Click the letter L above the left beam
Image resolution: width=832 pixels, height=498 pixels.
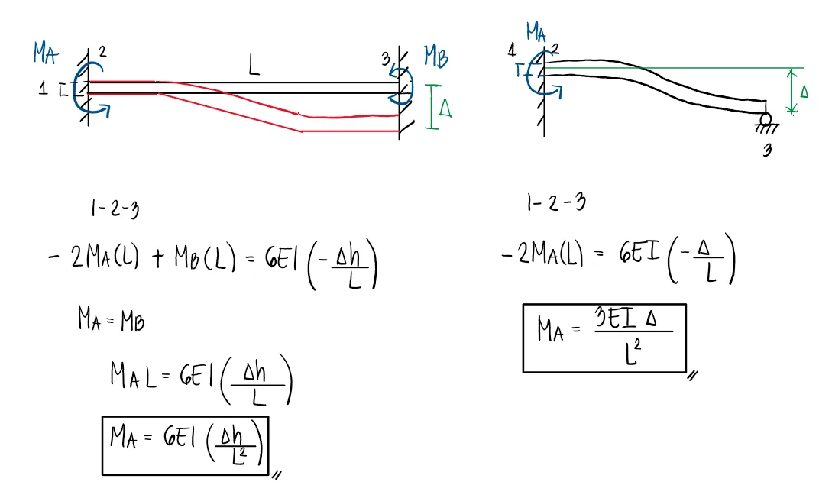point(254,66)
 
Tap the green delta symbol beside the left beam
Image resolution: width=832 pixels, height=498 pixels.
point(445,110)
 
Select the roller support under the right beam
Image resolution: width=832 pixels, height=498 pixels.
point(765,120)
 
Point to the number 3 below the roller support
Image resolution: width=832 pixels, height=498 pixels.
point(766,150)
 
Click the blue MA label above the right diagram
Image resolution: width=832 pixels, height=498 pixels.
point(537,32)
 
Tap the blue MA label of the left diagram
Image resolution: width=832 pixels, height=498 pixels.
point(44,53)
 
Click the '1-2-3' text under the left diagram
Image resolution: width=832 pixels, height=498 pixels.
point(115,208)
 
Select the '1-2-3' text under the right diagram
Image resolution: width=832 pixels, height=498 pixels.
point(555,202)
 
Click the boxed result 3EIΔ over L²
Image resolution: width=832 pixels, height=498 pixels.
point(604,338)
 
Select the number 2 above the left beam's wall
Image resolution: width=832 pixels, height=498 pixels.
point(102,52)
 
